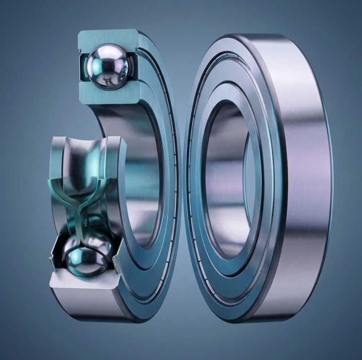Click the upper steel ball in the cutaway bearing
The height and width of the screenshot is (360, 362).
click(x=108, y=66)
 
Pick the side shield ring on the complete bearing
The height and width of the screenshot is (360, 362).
click(x=198, y=179)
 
